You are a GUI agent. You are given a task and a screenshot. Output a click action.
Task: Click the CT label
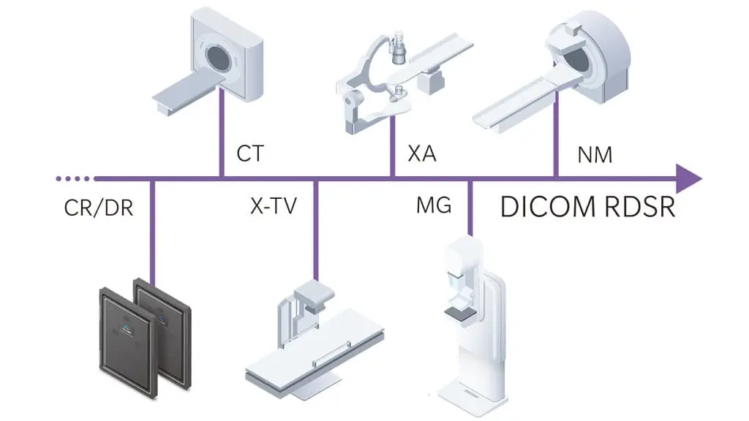(249, 154)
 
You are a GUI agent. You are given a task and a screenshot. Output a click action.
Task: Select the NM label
(594, 154)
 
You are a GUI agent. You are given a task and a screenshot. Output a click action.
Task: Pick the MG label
(433, 207)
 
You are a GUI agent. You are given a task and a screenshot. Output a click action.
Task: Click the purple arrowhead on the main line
(688, 178)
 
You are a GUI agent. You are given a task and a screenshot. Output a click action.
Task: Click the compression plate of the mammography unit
(461, 313)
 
